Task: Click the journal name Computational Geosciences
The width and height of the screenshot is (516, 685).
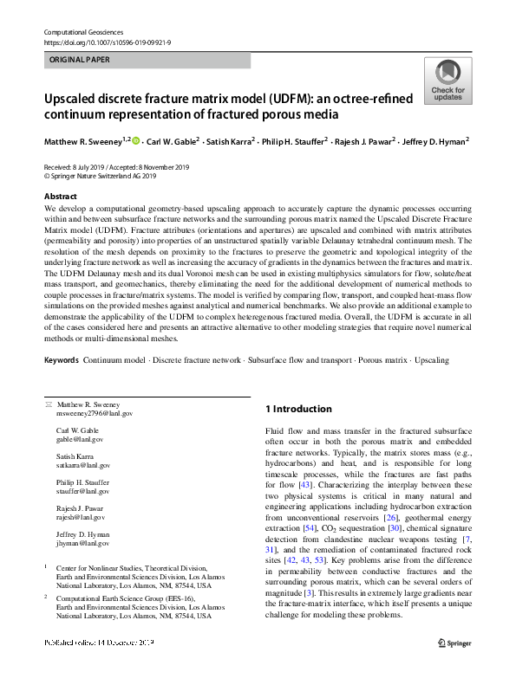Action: (81, 31)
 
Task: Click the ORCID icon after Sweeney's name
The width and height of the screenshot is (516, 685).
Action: (137, 139)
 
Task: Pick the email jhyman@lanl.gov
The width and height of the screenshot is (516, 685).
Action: (82, 543)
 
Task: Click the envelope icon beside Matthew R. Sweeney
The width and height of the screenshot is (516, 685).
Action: (48, 404)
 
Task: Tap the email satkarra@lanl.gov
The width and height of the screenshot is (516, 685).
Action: (83, 465)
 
